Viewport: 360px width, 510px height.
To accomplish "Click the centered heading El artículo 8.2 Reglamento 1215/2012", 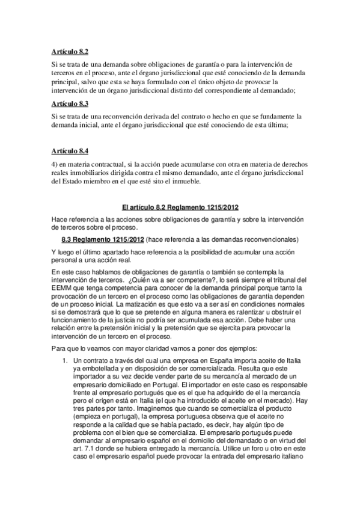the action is (180, 207).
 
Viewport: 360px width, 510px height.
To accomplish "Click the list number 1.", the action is (66, 360).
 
